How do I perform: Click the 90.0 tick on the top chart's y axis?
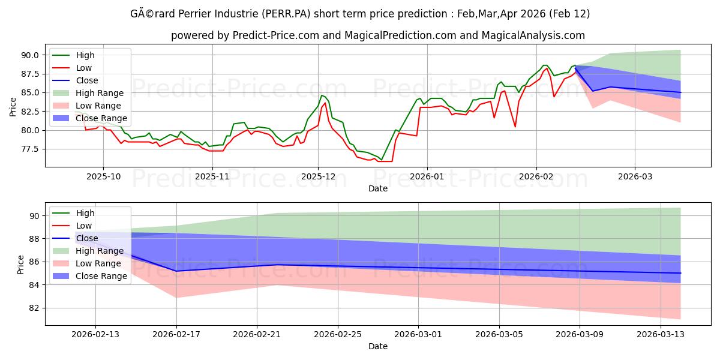(29, 55)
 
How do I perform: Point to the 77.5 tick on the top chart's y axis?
(29, 149)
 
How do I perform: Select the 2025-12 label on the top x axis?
(318, 176)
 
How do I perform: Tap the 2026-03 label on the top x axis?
(635, 176)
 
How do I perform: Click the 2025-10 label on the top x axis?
(103, 176)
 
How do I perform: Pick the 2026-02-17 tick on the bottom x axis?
(176, 334)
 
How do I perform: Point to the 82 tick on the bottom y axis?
(34, 308)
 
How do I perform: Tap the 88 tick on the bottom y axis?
(34, 239)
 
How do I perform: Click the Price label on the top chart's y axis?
(13, 106)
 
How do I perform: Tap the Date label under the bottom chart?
(378, 346)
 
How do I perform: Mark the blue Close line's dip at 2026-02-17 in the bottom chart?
(176, 271)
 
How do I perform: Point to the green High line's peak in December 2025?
(322, 95)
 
